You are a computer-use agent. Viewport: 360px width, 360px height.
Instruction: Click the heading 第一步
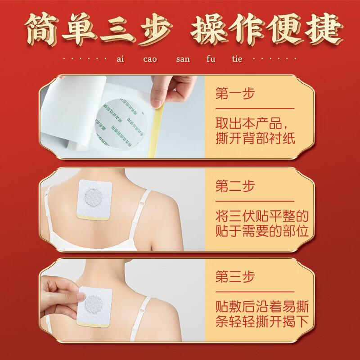235,94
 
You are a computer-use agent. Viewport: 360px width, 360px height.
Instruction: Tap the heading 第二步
235,186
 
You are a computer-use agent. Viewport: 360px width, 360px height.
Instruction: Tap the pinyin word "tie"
237,59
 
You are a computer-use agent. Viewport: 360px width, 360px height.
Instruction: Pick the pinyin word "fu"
211,59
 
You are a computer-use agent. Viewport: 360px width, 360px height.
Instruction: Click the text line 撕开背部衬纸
255,138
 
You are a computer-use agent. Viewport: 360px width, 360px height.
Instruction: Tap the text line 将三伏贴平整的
261,216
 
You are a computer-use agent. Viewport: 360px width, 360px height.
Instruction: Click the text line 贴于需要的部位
261,231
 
